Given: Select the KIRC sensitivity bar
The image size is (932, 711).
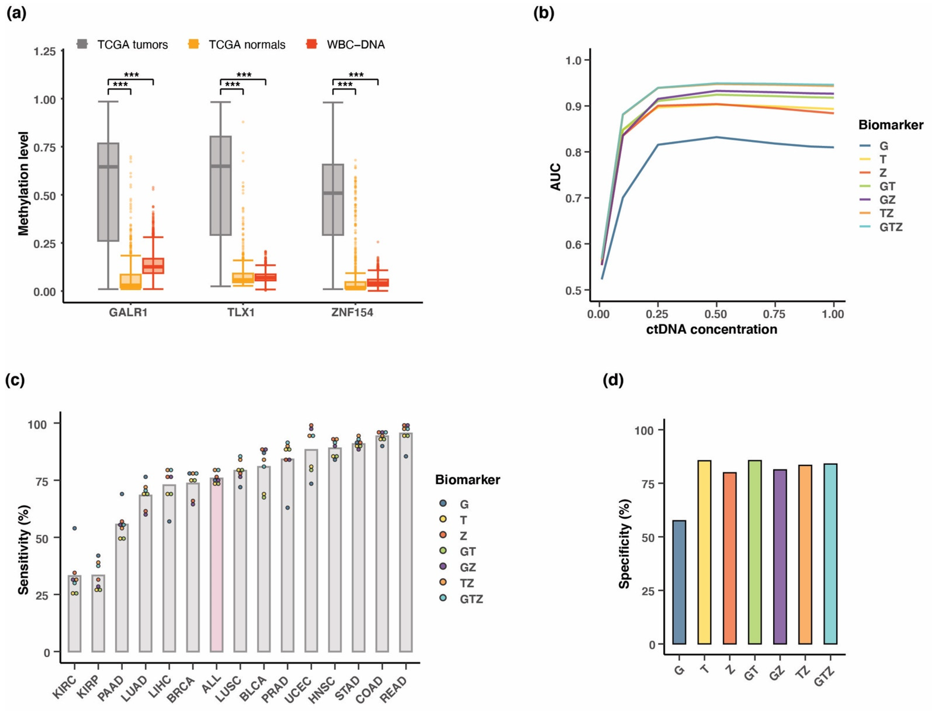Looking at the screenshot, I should pos(75,614).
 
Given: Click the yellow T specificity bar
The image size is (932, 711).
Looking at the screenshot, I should pos(704,552).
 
